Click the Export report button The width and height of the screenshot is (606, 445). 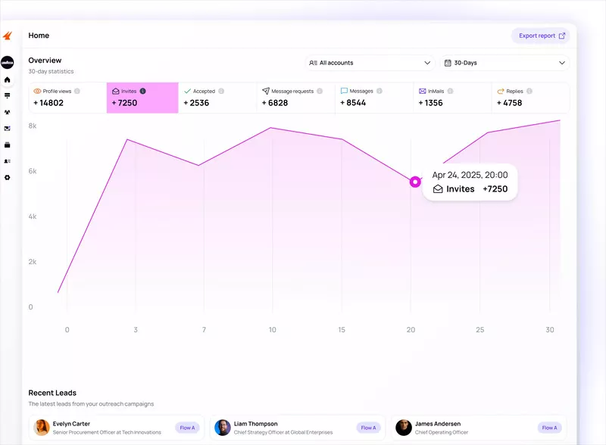point(540,36)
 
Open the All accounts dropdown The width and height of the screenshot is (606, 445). point(370,63)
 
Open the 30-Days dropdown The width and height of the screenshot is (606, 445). point(504,63)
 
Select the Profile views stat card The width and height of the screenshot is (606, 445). point(67,98)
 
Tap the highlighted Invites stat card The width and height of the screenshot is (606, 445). point(142,98)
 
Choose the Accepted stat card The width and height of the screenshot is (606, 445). point(217,98)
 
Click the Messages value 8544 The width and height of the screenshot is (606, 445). point(353,103)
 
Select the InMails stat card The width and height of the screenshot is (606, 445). point(452,98)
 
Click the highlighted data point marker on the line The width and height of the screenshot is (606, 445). point(415,182)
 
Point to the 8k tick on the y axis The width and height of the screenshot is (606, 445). point(33,126)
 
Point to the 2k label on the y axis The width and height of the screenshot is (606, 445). point(33,262)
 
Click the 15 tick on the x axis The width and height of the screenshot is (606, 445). point(342,330)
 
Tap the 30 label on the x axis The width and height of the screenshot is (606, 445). point(550,330)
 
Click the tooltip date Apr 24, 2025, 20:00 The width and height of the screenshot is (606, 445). point(470,175)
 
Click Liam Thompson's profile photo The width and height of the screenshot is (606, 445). point(223,428)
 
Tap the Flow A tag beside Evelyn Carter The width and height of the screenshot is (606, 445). point(187,428)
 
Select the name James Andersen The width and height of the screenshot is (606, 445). point(437,424)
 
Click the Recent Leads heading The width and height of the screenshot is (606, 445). point(52,393)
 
